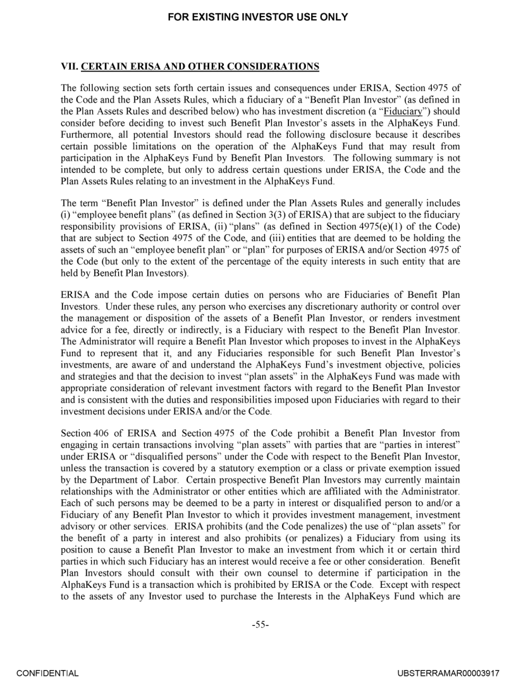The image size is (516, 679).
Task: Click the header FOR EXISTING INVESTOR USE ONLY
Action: pyautogui.click(x=258, y=17)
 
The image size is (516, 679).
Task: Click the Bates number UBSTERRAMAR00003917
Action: pyautogui.click(x=445, y=668)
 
